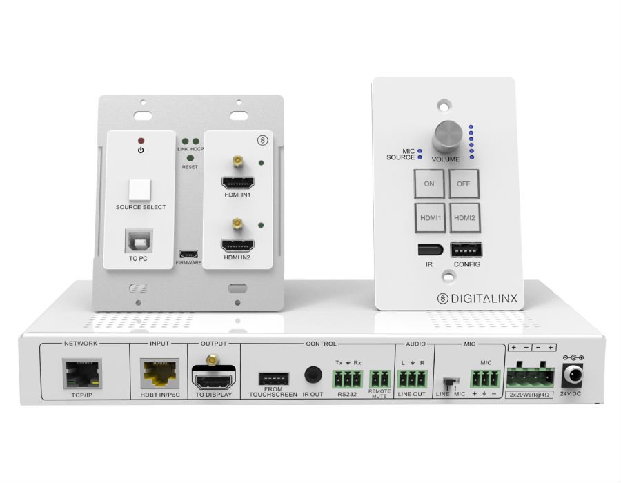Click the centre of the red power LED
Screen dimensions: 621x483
tap(141, 141)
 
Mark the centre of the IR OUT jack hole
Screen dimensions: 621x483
tap(313, 375)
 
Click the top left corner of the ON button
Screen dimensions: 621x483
tap(414, 170)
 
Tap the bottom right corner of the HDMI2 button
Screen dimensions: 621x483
tap(480, 232)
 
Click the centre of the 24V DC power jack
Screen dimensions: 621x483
tap(572, 375)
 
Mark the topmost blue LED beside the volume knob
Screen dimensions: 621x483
tap(471, 127)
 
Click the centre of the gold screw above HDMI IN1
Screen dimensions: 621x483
tap(237, 161)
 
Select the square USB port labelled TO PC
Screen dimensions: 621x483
tap(138, 241)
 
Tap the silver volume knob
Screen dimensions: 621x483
tap(448, 136)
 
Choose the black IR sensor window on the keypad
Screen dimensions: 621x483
tap(430, 250)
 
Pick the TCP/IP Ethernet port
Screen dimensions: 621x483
tap(82, 374)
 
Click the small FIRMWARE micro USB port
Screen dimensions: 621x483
tap(188, 254)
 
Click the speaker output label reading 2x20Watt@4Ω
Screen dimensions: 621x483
tap(529, 395)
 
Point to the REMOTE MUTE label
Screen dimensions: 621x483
tap(379, 393)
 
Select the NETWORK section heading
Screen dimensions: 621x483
tap(81, 343)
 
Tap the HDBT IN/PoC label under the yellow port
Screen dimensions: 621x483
tap(160, 395)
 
